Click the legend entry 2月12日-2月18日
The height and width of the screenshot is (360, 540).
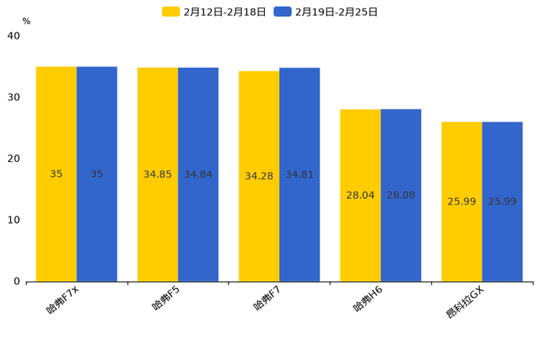click(215, 12)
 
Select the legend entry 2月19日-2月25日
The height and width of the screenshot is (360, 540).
click(327, 12)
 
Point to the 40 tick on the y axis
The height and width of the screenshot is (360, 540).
click(14, 36)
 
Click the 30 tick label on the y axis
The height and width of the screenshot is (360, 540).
click(14, 97)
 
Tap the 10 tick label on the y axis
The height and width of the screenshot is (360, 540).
click(14, 220)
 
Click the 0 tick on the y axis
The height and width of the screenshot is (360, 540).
click(17, 282)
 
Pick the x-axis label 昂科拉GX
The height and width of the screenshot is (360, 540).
click(465, 303)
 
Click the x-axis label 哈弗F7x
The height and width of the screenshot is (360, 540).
click(62, 299)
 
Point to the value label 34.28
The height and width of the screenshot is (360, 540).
click(259, 176)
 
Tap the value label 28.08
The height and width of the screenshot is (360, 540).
click(401, 195)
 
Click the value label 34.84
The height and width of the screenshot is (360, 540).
click(198, 174)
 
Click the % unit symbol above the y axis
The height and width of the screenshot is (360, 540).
click(26, 21)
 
